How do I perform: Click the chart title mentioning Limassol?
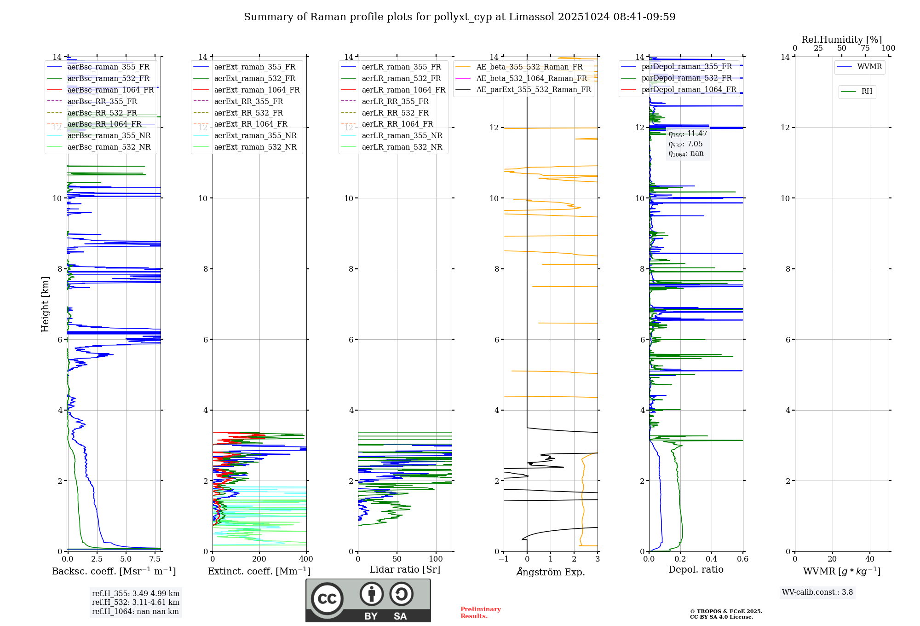click(460, 17)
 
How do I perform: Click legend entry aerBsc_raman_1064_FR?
click(110, 90)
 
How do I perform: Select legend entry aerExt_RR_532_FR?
click(248, 113)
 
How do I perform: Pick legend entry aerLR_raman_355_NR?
click(402, 136)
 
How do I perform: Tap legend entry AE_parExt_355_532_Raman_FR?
click(533, 90)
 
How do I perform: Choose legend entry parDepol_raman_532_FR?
click(686, 78)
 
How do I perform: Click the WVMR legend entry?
click(869, 67)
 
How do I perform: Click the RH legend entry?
click(867, 92)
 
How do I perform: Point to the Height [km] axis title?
click(45, 304)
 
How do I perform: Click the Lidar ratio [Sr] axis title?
click(405, 570)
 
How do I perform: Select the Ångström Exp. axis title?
click(551, 572)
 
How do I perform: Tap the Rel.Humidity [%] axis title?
click(841, 40)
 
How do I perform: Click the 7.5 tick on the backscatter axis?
click(155, 559)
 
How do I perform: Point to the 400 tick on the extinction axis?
click(306, 559)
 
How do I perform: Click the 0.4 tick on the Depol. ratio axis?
click(711, 559)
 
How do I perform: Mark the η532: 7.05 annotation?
click(685, 144)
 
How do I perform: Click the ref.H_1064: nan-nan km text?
click(135, 612)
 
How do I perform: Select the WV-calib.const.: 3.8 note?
click(817, 592)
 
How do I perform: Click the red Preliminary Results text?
click(480, 613)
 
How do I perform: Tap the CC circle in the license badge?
click(327, 599)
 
